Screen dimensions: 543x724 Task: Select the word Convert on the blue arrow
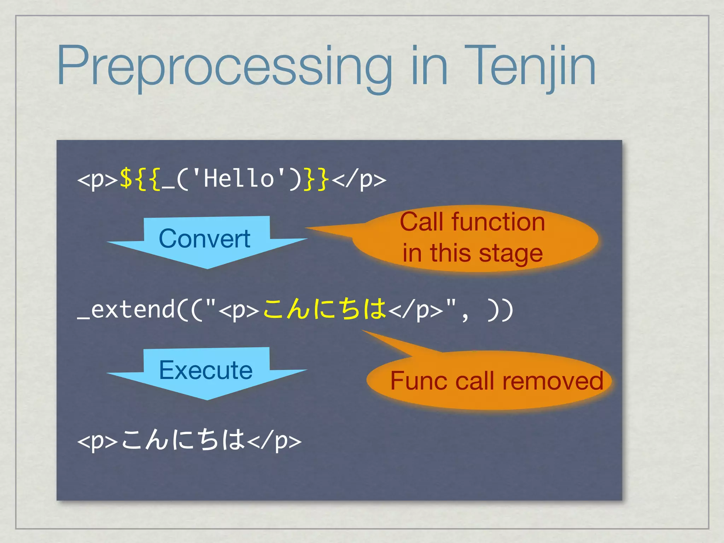(204, 239)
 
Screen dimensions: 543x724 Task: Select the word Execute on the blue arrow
(206, 370)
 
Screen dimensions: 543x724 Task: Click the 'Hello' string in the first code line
(239, 179)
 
